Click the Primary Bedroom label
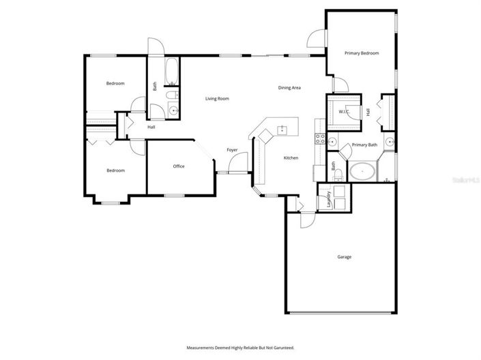(x=361, y=52)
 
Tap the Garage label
(x=345, y=257)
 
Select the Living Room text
(x=217, y=99)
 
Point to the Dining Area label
(x=289, y=87)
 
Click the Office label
(x=179, y=166)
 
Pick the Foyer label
(x=232, y=149)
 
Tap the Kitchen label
(x=291, y=158)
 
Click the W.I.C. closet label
(x=343, y=112)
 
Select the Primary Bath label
(x=364, y=145)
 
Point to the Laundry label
(x=329, y=198)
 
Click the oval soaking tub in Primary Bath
(x=362, y=171)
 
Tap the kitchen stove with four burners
(x=319, y=139)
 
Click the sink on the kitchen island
(x=282, y=127)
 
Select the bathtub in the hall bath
(x=171, y=71)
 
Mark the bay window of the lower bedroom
(x=108, y=201)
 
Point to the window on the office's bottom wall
(x=175, y=196)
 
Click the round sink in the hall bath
(x=173, y=110)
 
